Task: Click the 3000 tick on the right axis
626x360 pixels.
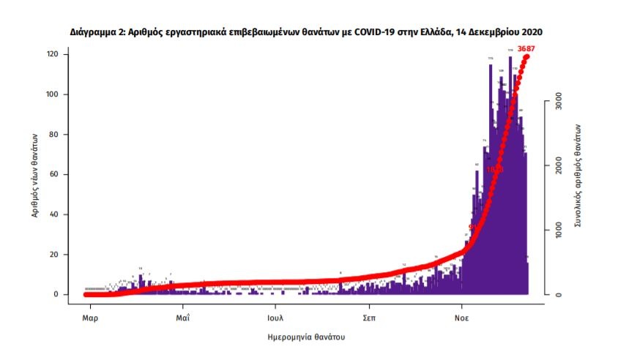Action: click(x=558, y=102)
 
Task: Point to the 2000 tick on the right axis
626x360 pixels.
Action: click(x=558, y=166)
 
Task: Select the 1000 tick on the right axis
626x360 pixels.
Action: click(x=558, y=230)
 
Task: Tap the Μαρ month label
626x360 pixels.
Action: click(x=90, y=318)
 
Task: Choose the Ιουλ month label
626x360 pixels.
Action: click(x=275, y=318)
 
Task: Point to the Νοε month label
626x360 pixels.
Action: click(x=461, y=318)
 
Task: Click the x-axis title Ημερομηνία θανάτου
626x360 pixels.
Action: click(x=305, y=337)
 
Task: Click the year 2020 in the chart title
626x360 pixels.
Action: click(x=530, y=33)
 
